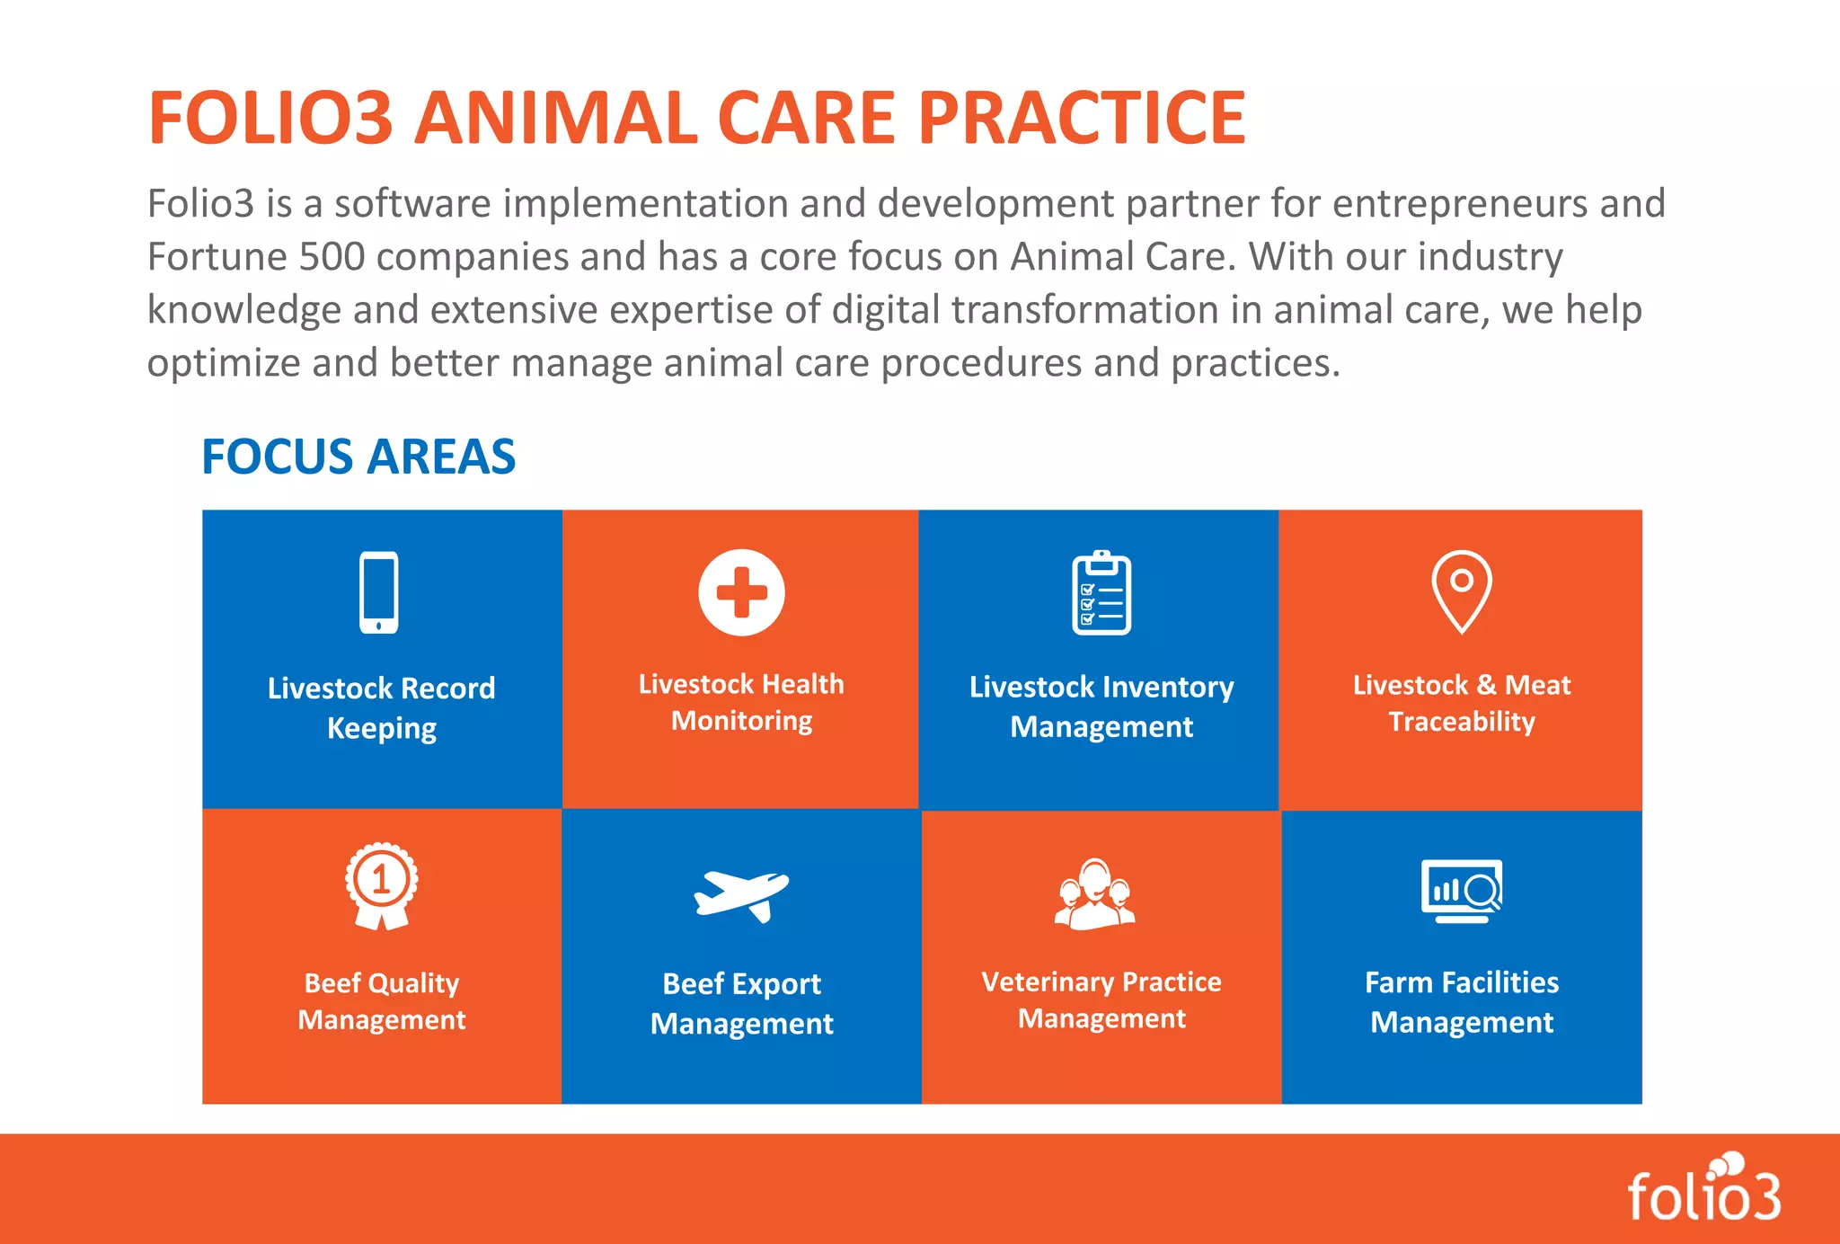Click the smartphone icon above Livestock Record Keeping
coord(379,592)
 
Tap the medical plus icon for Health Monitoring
coord(741,592)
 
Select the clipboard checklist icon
coord(1101,593)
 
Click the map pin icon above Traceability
coord(1462,591)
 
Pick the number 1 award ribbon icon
coord(382,884)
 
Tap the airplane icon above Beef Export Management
coord(741,895)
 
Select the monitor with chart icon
coord(1462,891)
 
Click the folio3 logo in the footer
coord(1704,1191)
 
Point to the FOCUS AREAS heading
coord(358,457)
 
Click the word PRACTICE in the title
coord(1082,118)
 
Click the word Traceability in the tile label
coord(1462,722)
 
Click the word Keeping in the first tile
coord(382,728)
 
